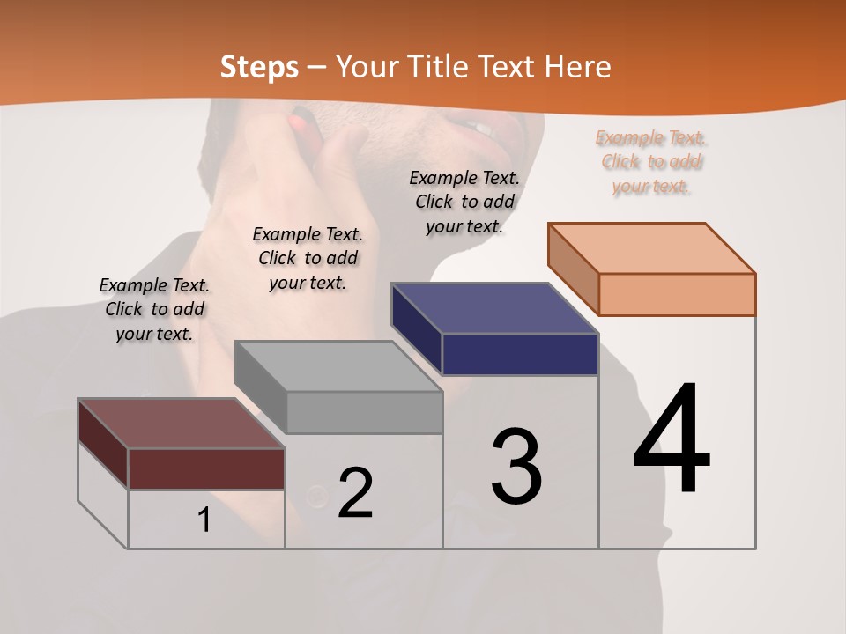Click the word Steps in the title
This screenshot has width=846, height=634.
[259, 67]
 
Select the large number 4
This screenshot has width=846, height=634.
[672, 440]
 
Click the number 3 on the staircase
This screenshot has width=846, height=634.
[516, 467]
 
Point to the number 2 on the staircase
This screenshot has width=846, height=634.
[355, 492]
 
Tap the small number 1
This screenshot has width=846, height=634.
[204, 520]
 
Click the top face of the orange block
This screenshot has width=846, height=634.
[652, 248]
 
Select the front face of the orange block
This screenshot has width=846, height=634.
[677, 294]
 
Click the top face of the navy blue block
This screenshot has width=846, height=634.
[495, 308]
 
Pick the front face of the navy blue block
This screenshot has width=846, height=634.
[520, 354]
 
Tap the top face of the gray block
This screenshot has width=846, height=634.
[338, 366]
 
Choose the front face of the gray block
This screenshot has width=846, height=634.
[364, 412]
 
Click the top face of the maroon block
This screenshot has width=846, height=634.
[182, 424]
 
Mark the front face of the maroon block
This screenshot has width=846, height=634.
[206, 468]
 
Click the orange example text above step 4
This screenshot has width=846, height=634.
[651, 162]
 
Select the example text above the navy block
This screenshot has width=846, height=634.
[464, 202]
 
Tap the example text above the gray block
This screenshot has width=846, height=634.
[308, 258]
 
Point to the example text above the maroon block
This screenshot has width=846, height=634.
[154, 309]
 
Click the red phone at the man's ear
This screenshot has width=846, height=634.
[304, 122]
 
